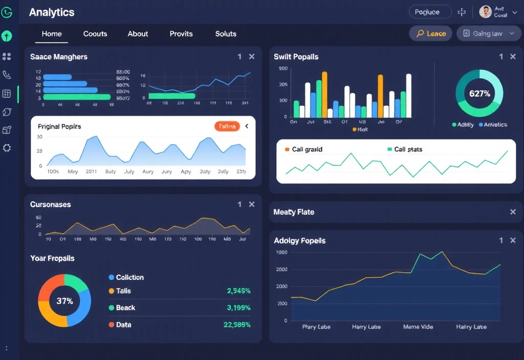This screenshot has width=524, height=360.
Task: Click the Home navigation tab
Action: [52, 34]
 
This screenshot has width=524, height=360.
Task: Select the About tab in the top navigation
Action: [138, 34]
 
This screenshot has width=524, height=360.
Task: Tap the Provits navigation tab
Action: [181, 34]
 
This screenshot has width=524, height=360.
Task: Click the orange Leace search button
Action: [430, 33]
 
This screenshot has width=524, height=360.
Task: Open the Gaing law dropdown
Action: [488, 33]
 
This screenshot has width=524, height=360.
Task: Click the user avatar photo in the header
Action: [485, 12]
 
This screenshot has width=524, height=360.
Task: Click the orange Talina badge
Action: [227, 126]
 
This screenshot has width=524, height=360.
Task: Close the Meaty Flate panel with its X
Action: [513, 212]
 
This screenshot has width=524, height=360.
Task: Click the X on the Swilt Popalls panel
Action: [513, 57]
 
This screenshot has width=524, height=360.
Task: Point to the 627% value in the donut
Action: [479, 94]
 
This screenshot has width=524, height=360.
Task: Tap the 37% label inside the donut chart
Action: [64, 301]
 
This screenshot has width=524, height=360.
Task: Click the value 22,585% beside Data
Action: [237, 325]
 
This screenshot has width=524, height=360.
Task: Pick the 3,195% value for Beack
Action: [238, 308]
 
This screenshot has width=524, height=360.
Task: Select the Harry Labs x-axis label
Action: [366, 327]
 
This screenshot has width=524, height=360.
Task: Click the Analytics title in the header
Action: [52, 12]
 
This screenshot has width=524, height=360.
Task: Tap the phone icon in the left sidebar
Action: [7, 75]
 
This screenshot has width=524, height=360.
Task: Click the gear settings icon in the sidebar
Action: [7, 148]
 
